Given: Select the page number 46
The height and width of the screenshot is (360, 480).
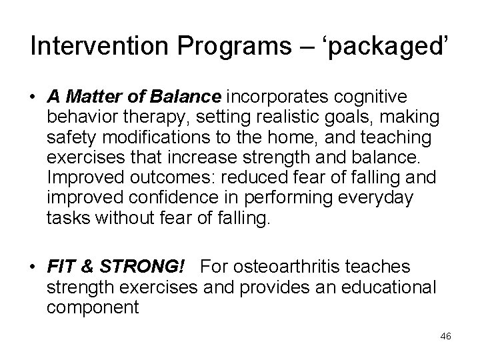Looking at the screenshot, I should [x=445, y=336].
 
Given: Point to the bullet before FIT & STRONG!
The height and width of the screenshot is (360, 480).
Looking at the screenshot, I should [x=33, y=267].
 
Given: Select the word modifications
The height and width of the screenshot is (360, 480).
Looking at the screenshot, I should [x=145, y=139].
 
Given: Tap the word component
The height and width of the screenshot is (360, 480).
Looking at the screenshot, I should [x=93, y=309].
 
